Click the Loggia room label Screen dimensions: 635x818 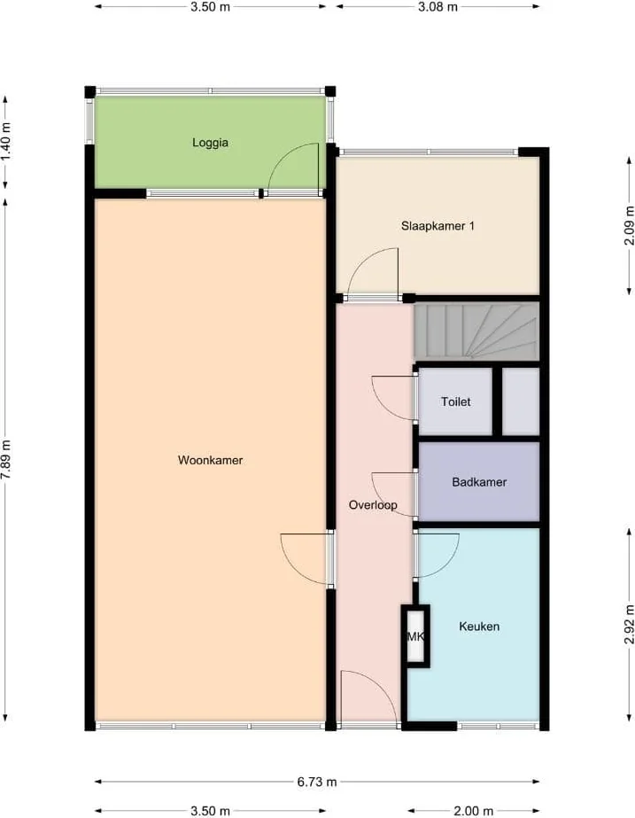[210, 143]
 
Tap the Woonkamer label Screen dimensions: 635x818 [210, 460]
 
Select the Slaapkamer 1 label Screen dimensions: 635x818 [438, 226]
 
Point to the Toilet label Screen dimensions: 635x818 [455, 401]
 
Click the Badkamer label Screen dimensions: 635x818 [479, 482]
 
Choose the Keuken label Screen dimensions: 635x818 [479, 626]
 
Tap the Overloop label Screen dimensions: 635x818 [373, 505]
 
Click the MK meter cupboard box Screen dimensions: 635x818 [415, 636]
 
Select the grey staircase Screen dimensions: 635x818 [476, 332]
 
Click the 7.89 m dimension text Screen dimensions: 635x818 [5, 460]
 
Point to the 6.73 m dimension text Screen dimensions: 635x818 [317, 782]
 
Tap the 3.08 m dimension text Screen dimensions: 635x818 [438, 7]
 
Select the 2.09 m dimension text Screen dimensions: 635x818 [630, 226]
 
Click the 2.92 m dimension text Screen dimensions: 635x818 [630, 625]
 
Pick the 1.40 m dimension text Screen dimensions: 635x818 [5, 142]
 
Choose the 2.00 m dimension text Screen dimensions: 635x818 [473, 811]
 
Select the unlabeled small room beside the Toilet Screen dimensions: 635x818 [520, 401]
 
